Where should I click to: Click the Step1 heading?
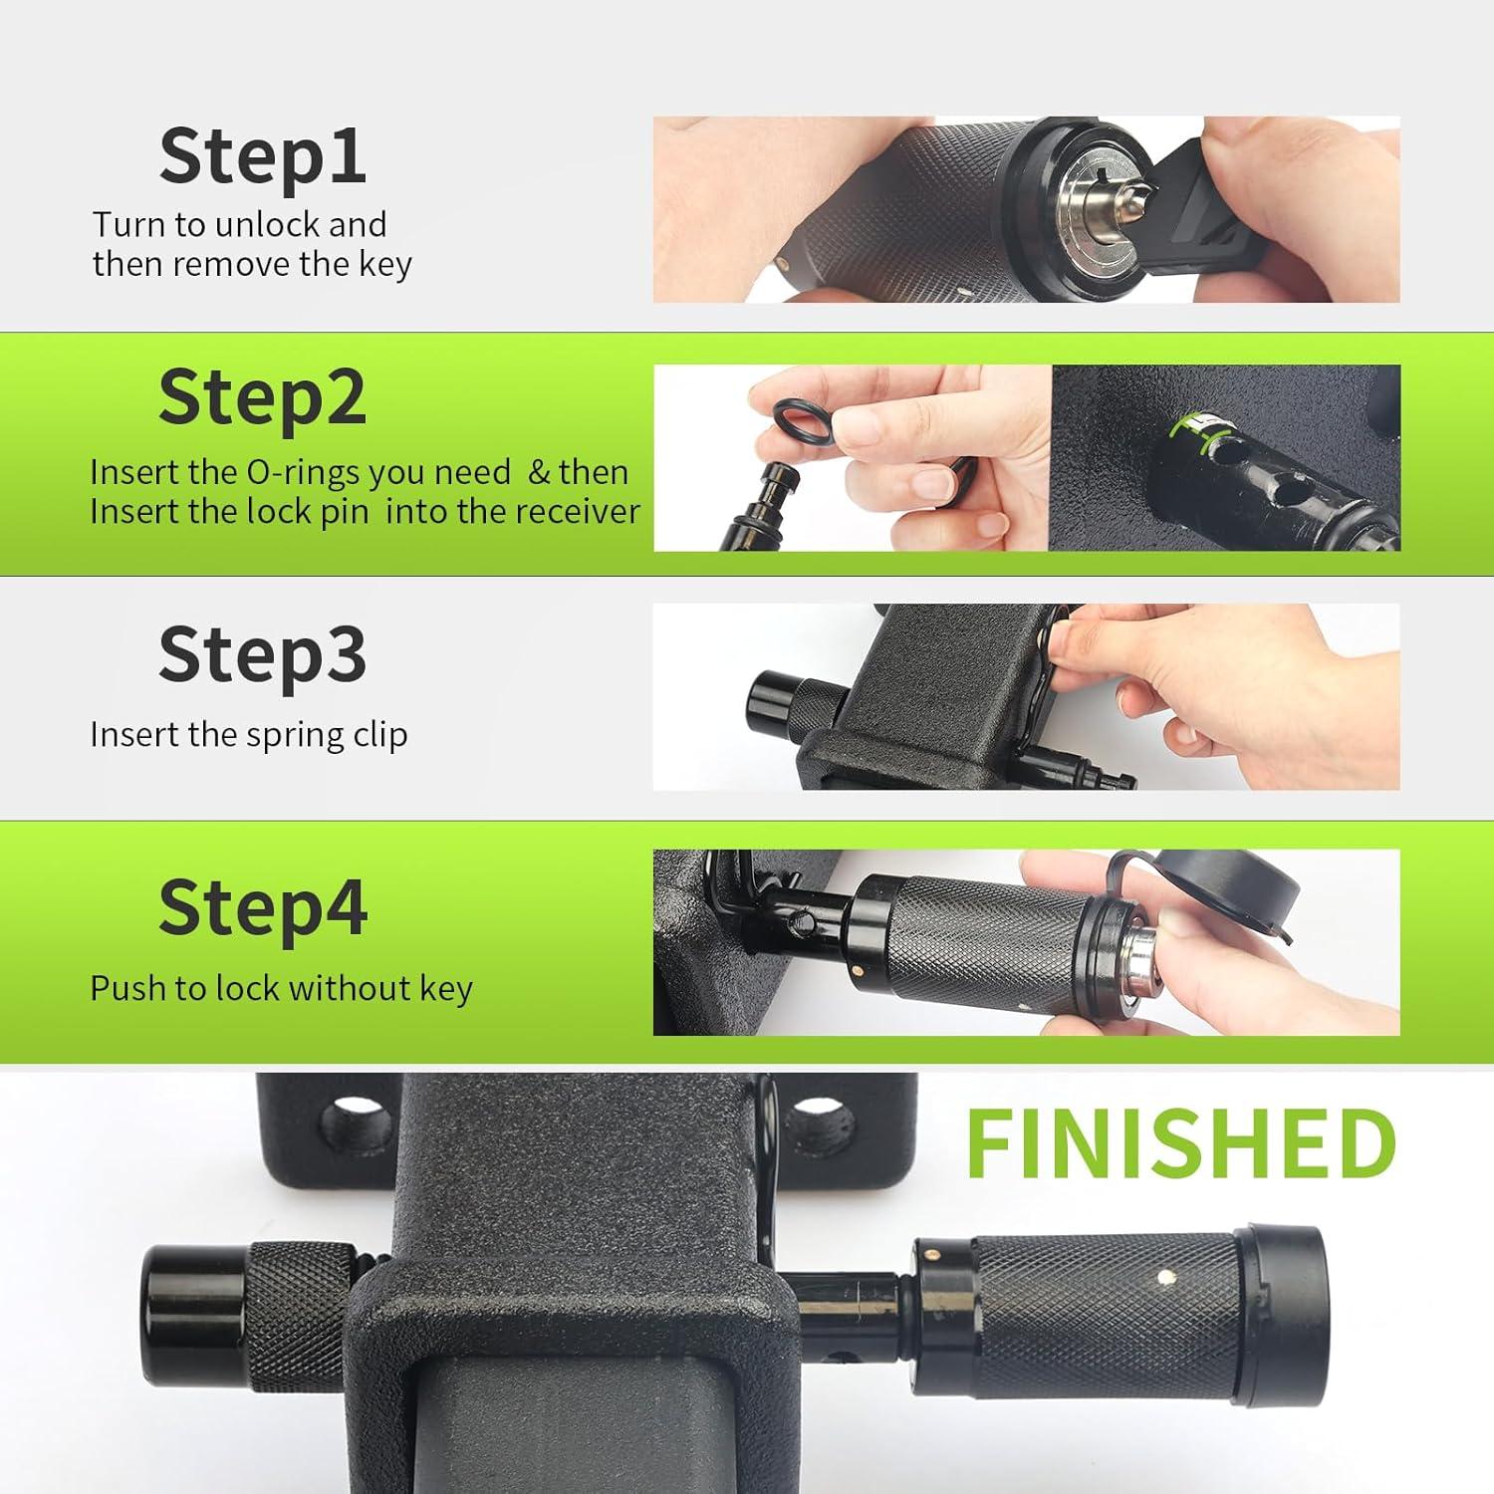263,155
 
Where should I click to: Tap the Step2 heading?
263,396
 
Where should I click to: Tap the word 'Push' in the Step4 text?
127,988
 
